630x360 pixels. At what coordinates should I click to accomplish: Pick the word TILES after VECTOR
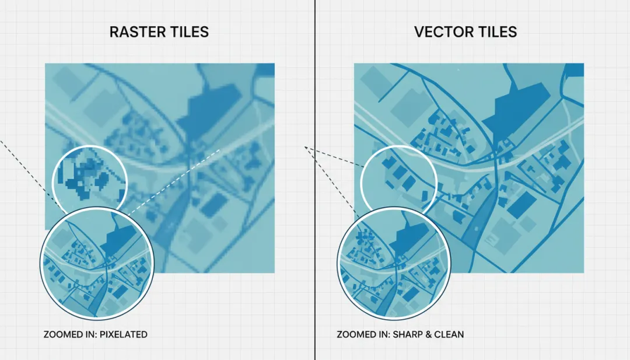click(x=496, y=32)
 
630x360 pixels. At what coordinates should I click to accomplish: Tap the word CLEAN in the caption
click(x=450, y=335)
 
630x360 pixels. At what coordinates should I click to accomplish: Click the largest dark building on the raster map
click(x=210, y=109)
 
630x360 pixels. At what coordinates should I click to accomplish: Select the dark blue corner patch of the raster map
click(x=266, y=69)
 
